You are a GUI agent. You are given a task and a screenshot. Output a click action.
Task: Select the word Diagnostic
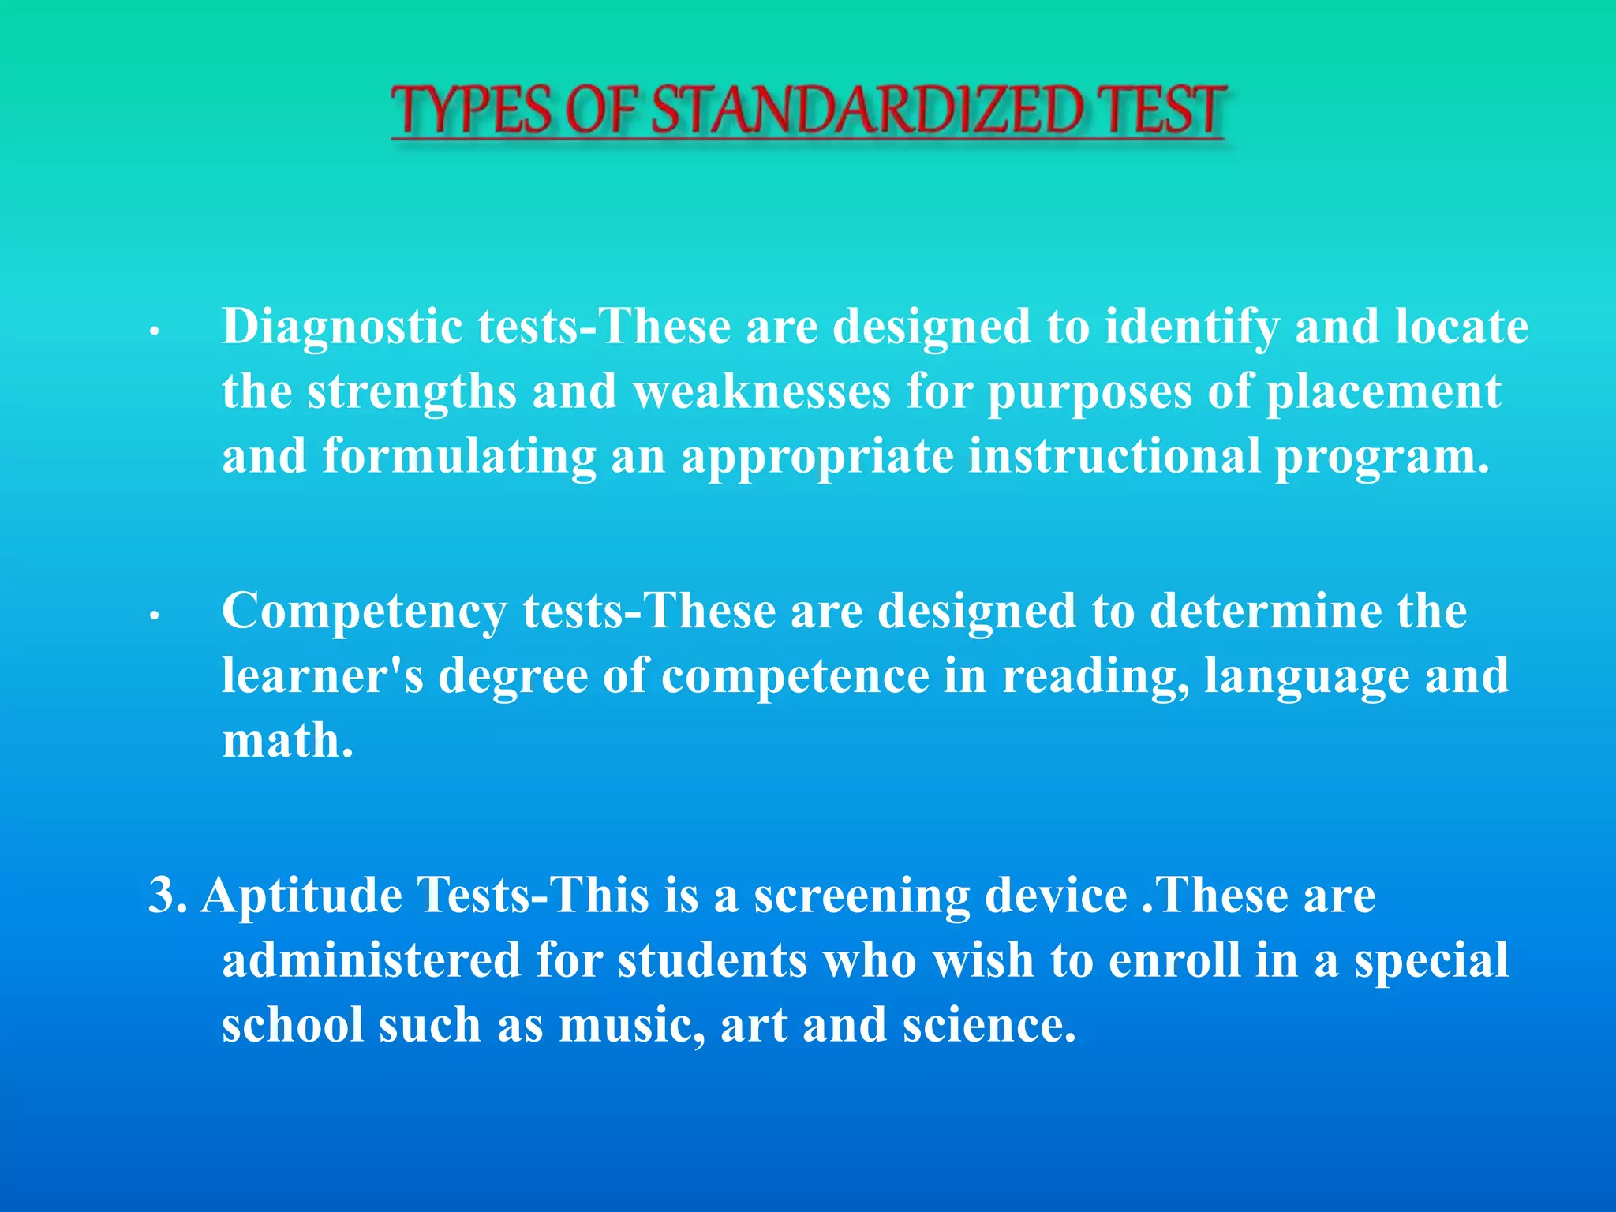click(x=342, y=327)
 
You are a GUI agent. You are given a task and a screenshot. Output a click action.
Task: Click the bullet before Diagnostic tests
click(x=155, y=332)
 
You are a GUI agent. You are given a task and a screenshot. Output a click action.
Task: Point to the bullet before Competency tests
click(x=155, y=616)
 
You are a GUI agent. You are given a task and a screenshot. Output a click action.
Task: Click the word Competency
click(x=364, y=612)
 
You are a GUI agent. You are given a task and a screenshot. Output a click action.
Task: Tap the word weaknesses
click(x=761, y=391)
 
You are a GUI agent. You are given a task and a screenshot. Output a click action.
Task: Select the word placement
click(x=1383, y=391)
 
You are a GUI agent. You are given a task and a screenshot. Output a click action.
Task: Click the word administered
click(x=371, y=960)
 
